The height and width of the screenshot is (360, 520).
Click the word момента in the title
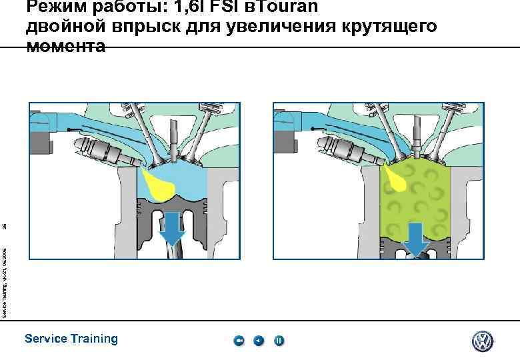coord(66,46)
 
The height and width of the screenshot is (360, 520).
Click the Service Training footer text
coord(71,339)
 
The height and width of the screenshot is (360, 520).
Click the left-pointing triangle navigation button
coord(259,341)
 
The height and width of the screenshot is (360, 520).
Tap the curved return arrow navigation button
coord(239,341)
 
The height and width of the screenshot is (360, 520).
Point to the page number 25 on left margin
coord(5,227)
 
